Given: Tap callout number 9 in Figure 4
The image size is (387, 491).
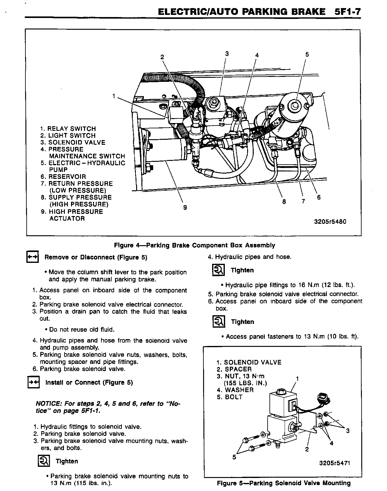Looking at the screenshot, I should pyautogui.click(x=185, y=208).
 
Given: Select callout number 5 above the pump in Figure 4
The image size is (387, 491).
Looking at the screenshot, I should pyautogui.click(x=307, y=55).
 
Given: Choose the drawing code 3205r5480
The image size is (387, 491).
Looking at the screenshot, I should pyautogui.click(x=330, y=222).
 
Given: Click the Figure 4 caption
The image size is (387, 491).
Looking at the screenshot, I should pyautogui.click(x=194, y=245).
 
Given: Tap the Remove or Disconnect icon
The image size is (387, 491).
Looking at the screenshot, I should pyautogui.click(x=32, y=257).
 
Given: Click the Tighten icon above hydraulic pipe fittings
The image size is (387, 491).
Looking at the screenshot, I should pyautogui.click(x=218, y=270).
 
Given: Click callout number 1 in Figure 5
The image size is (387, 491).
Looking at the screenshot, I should pyautogui.click(x=297, y=378).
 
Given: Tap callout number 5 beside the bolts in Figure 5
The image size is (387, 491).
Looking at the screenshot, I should pyautogui.click(x=234, y=457).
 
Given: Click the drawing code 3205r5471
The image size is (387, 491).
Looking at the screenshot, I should pyautogui.click(x=335, y=463).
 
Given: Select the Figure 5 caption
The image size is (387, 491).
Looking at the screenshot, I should pyautogui.click(x=283, y=483).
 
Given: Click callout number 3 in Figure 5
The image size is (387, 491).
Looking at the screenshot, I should pyautogui.click(x=348, y=431).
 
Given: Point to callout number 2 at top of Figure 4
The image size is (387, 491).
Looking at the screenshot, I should pyautogui.click(x=162, y=57).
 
